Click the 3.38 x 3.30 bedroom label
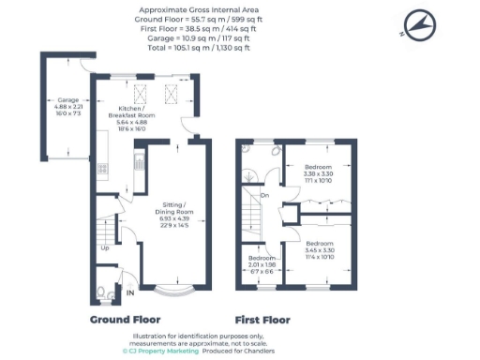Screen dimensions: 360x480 coord(319,173)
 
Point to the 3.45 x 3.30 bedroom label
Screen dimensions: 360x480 coord(320,248)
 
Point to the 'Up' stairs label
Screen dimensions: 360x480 coord(104,248)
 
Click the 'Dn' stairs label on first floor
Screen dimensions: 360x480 coord(264,195)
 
